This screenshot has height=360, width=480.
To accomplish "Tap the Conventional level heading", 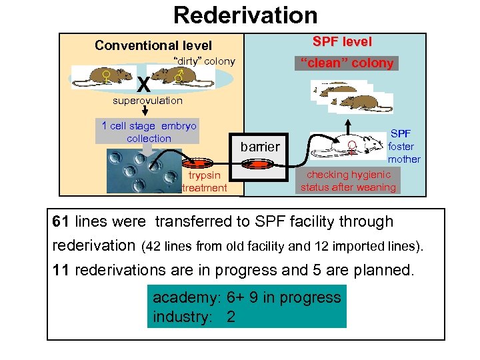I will coord(153,45).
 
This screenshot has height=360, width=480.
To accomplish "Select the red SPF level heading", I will coord(342,41).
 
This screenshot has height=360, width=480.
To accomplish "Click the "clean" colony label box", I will coord(347,63).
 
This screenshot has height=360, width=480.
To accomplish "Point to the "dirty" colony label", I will coord(204,61).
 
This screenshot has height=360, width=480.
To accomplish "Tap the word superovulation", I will coord(147,101).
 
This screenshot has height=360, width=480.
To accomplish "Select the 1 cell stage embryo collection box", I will coord(148,132).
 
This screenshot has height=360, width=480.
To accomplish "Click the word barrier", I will coord(260,146).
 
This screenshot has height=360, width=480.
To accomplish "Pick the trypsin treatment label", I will coord(205,181).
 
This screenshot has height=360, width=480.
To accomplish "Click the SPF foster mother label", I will coord(404,147).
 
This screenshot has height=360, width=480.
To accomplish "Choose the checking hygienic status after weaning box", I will coord(347,181).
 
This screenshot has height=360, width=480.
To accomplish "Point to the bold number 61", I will coord(61,221).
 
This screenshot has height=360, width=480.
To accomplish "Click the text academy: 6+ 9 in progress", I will coord(247,297).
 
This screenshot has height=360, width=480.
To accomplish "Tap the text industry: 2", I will coord(194,317).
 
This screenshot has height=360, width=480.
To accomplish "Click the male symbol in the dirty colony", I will coord(177,78).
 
